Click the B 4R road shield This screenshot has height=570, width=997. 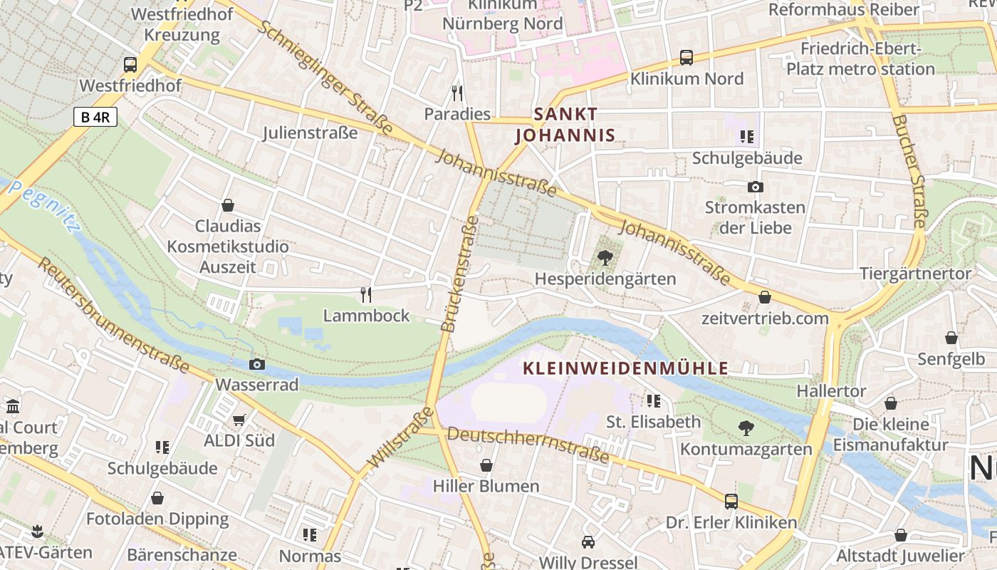[95, 117]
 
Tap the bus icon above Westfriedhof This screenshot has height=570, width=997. [130, 64]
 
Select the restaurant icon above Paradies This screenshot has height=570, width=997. [457, 93]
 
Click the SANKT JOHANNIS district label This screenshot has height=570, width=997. [565, 125]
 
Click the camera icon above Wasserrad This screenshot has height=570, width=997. [257, 364]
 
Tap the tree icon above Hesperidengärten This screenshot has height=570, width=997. [605, 257]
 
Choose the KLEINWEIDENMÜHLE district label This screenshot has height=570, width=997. [626, 368]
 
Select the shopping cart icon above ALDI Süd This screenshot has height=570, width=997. [239, 420]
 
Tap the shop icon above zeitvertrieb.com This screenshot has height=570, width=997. [765, 297]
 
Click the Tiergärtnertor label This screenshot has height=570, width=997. [915, 274]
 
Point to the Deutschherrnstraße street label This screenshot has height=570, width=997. [528, 445]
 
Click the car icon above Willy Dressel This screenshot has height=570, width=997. [588, 541]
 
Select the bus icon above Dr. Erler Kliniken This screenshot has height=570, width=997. [731, 501]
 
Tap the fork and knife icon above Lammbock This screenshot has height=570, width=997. [366, 294]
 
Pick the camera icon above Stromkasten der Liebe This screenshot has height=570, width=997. [755, 187]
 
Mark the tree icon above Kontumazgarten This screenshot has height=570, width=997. [746, 427]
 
